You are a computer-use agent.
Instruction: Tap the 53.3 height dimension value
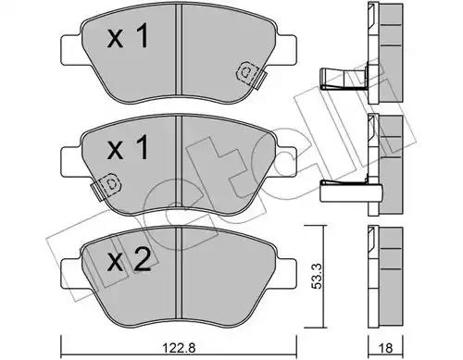point(317,276)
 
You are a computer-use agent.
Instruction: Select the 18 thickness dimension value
point(385,348)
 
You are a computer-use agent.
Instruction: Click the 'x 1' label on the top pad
point(128,36)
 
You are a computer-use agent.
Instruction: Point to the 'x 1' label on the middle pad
point(128,147)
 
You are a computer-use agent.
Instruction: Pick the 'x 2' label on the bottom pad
point(129,260)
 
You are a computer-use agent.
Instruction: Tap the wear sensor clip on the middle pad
point(106,187)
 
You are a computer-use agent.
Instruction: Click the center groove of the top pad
point(179,51)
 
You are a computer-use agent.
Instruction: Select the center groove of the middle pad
point(179,164)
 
